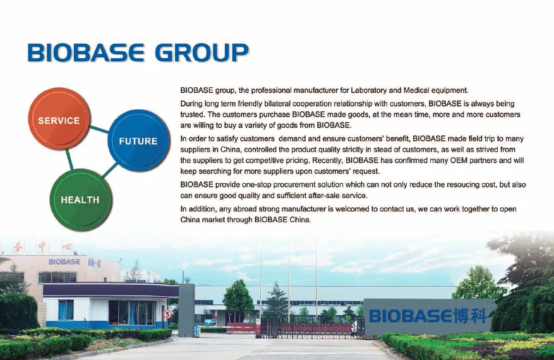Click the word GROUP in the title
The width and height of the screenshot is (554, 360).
(202, 53)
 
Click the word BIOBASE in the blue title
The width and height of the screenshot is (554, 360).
(86, 53)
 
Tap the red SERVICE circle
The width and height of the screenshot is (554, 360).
(59, 119)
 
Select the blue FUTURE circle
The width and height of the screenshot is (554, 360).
(138, 140)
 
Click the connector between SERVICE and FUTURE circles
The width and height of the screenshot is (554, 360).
(99, 129)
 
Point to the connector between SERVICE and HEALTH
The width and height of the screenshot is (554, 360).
(69, 159)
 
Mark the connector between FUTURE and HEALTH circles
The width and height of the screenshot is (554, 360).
(110, 171)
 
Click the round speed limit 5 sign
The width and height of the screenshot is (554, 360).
(167, 314)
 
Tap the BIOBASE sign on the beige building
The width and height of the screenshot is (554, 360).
(64, 261)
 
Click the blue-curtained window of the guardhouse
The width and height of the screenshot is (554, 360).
(66, 310)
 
